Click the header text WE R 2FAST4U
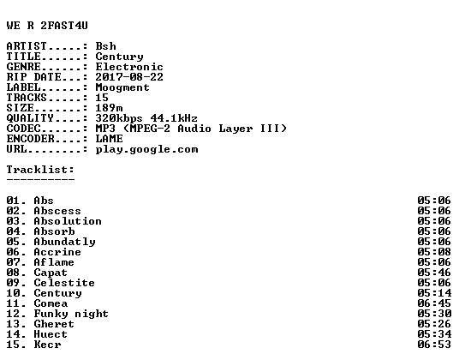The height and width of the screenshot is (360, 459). click(47, 26)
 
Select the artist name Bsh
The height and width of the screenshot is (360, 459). click(105, 46)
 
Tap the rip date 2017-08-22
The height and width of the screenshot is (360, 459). click(129, 77)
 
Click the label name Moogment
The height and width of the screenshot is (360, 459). click(122, 87)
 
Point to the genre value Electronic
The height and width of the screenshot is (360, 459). click(129, 67)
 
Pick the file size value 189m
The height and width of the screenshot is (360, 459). click(110, 108)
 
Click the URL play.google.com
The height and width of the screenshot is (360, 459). click(146, 149)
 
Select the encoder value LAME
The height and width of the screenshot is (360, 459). click(110, 139)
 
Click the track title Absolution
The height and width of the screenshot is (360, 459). click(68, 221)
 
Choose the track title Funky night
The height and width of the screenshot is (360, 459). click(71, 314)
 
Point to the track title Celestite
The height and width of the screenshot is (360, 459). click(64, 283)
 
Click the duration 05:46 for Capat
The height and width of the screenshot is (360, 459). click(434, 273)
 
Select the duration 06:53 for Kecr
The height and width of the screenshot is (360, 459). click(434, 345)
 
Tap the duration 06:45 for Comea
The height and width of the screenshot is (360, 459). click(434, 303)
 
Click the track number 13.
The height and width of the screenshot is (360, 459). click(13, 324)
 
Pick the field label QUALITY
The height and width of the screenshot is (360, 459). click(30, 118)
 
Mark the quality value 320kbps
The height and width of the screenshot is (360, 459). click(119, 118)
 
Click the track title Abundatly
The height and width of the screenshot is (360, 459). click(65, 242)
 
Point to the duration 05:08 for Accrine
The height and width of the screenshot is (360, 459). click(434, 252)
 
